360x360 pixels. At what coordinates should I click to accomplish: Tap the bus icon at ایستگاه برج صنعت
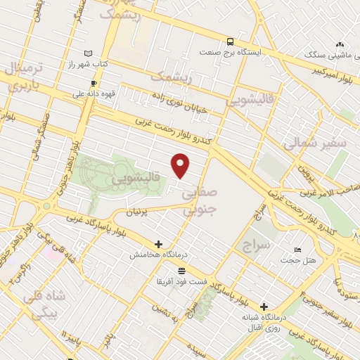point(230,41)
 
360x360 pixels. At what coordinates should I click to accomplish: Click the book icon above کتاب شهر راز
point(88,53)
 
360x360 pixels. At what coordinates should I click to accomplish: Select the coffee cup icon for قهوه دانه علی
point(94,83)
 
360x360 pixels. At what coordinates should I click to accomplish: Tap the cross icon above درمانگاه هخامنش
point(159,244)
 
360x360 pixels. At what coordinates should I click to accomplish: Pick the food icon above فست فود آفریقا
point(182,271)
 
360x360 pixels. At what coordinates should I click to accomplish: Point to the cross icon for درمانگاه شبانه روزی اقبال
point(264,306)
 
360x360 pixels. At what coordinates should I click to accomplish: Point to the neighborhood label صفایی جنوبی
point(200,200)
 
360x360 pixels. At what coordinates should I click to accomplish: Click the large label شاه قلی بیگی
point(44,304)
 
